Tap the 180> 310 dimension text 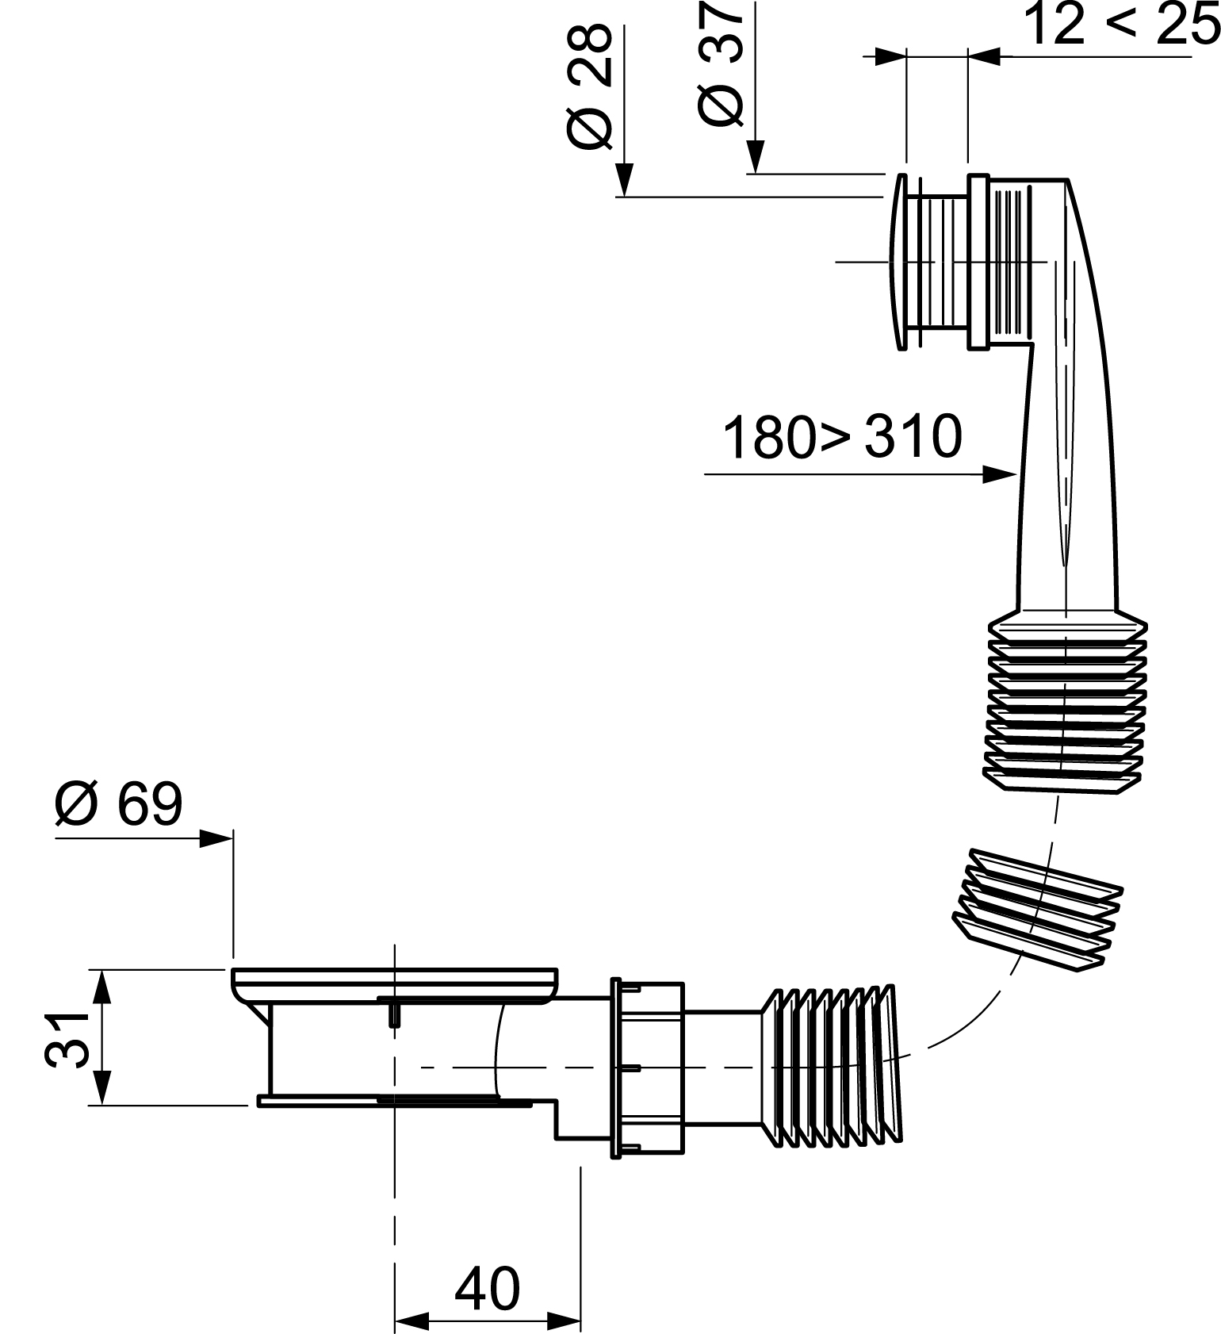842,436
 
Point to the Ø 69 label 119,804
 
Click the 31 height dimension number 66,1038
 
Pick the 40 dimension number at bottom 487,1289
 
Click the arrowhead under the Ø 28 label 625,181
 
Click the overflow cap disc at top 901,261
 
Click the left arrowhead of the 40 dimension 411,1321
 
